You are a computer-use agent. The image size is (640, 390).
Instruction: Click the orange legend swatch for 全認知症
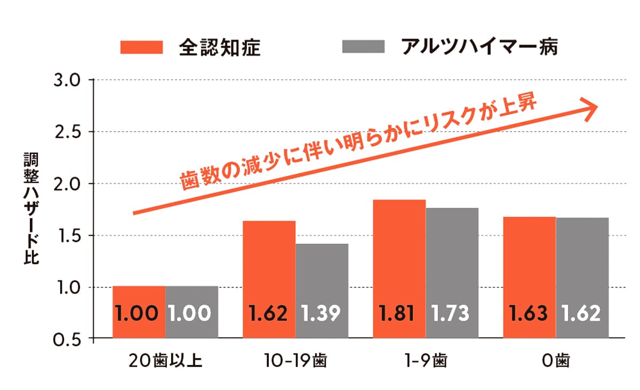141,46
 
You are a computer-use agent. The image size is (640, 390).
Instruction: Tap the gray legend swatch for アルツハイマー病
363,46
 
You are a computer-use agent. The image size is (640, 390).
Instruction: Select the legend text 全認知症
219,47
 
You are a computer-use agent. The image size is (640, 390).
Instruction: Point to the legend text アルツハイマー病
479,46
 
